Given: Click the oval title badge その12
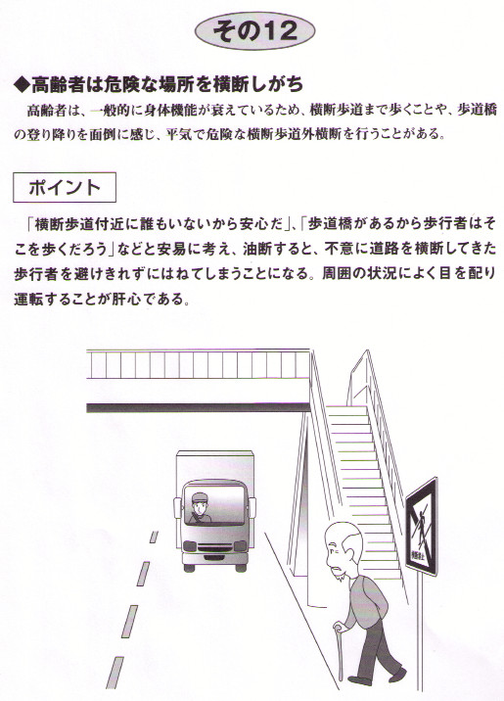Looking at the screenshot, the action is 255,30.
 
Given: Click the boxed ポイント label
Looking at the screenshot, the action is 65,187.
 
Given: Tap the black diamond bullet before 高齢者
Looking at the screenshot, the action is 22,84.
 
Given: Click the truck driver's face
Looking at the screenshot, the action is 199,505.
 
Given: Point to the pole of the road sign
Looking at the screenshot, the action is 420,634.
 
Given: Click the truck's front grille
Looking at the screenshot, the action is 215,548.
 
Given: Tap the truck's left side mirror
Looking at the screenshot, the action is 177,506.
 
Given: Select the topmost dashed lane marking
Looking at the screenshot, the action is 154,537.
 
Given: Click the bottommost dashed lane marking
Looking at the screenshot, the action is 115,673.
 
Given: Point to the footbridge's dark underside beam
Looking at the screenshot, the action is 198,407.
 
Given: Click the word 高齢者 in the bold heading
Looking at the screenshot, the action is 58,84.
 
